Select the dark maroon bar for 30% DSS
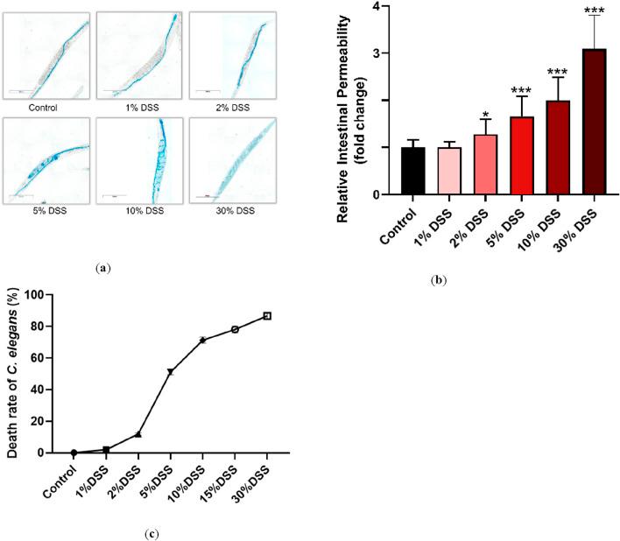[594, 122]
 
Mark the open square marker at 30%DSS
[267, 316]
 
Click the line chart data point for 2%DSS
[138, 434]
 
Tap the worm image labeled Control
[49, 55]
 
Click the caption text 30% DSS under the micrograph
[235, 211]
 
